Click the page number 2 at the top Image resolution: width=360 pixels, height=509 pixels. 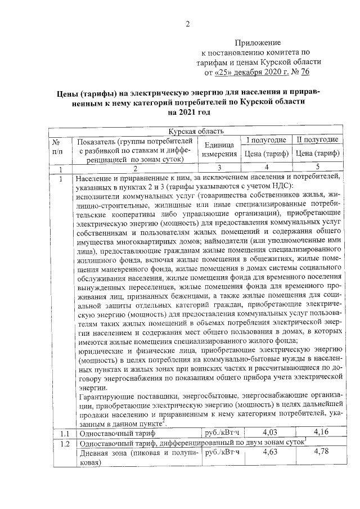(188, 24)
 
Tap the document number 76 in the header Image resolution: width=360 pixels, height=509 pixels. (305, 73)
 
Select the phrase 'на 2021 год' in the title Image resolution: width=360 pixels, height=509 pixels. (188, 112)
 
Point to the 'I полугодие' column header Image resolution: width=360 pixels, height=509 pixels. (267, 139)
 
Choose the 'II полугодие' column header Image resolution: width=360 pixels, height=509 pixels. (317, 139)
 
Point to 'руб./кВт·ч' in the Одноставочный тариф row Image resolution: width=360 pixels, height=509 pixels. (222, 433)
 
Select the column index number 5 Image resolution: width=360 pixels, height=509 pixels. (317, 167)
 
